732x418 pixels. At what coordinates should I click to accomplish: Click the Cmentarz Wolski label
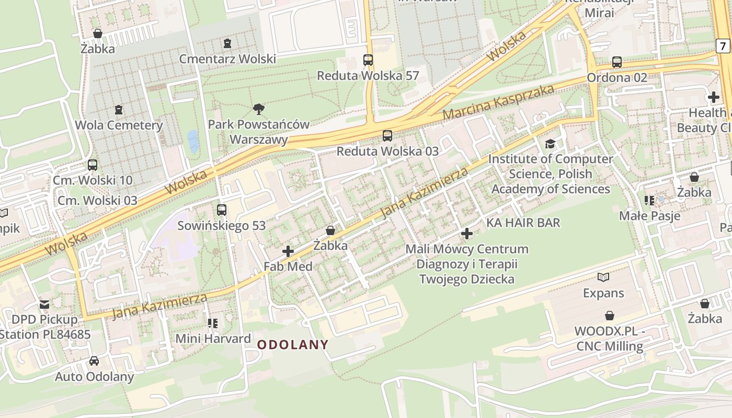[x=227, y=59]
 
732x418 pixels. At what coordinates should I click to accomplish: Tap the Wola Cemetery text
[x=119, y=125]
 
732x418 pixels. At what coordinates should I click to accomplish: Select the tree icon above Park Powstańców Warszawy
[x=258, y=109]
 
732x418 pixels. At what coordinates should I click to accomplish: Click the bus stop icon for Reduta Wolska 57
[x=368, y=60]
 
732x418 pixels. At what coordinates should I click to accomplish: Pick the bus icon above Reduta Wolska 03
[x=387, y=136]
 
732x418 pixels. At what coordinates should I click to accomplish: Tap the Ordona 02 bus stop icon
[x=617, y=62]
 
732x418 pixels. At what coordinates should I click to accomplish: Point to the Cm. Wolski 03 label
[x=97, y=201]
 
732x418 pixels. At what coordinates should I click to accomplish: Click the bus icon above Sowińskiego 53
[x=222, y=210]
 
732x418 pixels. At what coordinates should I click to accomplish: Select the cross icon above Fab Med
[x=288, y=251]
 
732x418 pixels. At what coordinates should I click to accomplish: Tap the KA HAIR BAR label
[x=523, y=223]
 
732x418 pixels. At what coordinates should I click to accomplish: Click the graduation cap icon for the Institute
[x=550, y=144]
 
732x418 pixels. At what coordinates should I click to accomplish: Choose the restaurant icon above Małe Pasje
[x=649, y=201]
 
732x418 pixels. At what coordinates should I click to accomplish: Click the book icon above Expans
[x=603, y=277]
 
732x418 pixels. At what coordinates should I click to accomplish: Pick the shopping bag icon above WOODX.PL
[x=609, y=316]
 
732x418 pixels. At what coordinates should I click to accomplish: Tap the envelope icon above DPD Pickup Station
[x=44, y=304]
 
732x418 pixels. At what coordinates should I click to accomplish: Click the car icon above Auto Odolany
[x=94, y=361]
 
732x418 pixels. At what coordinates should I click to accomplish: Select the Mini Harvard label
[x=213, y=339]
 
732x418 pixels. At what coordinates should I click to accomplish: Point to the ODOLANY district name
[x=293, y=345]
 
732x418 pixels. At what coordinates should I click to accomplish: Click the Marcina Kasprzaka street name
[x=498, y=101]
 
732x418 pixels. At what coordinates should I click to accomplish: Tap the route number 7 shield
[x=723, y=46]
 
